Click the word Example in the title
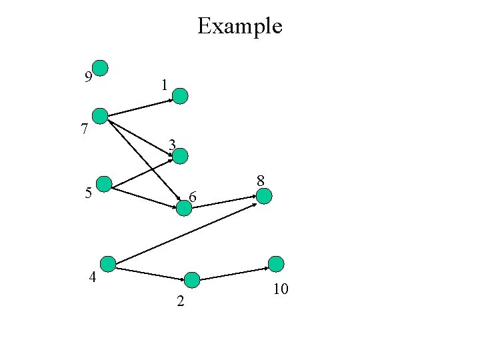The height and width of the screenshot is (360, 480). point(240,27)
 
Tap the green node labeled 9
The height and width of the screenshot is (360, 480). point(100,67)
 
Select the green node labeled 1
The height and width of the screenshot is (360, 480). point(181,96)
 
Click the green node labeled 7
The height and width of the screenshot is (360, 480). point(100,116)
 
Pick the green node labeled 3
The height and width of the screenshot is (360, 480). point(181,156)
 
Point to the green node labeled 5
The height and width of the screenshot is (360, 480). point(104,184)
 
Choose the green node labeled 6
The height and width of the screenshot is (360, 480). point(184,208)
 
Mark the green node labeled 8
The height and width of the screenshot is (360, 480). point(264,196)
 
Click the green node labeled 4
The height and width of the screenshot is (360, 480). point(107,263)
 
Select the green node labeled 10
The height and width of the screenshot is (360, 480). point(276,264)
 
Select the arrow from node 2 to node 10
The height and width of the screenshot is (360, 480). point(234,274)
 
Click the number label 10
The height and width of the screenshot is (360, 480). point(280,289)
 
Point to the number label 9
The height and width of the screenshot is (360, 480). point(88,77)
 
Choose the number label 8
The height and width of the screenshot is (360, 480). point(261,180)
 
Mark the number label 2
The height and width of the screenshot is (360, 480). point(179,302)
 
